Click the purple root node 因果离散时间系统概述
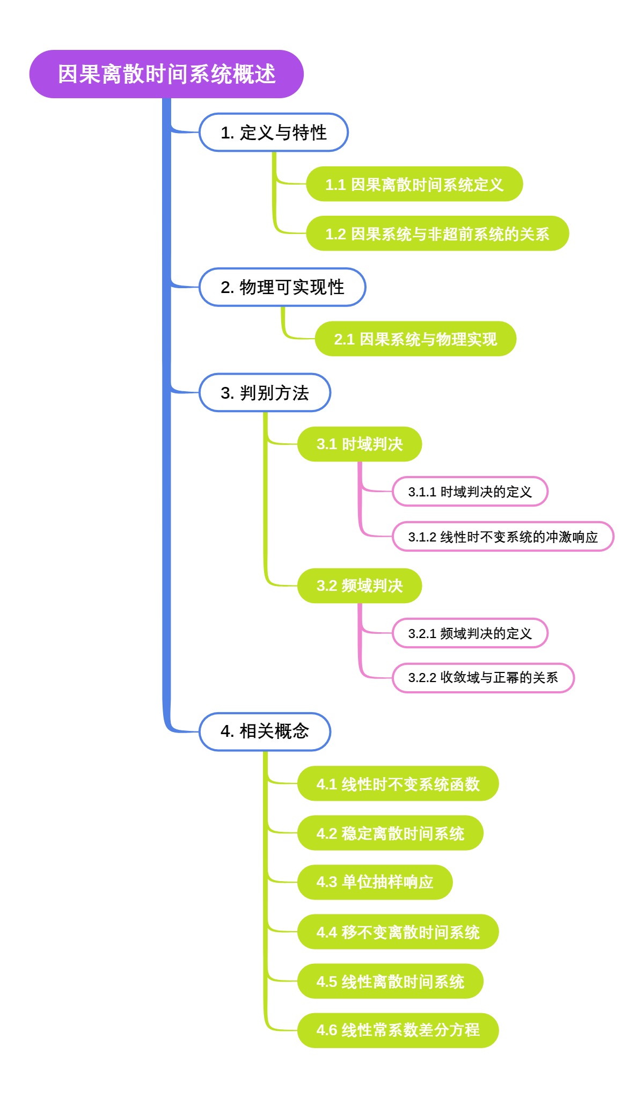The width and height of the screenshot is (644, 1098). tap(166, 74)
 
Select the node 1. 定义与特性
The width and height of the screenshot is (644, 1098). tap(274, 133)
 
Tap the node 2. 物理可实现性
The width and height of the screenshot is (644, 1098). tap(282, 287)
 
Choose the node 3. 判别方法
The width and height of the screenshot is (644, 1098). tap(265, 393)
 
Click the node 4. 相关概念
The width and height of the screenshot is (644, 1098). tap(265, 731)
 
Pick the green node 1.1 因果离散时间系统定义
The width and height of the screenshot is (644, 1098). tap(414, 185)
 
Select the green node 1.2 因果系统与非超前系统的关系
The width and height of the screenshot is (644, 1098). tap(437, 234)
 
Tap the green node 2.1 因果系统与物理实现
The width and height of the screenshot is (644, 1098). tap(415, 339)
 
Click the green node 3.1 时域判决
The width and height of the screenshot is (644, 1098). tap(360, 444)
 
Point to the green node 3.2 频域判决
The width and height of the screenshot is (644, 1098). tap(360, 585)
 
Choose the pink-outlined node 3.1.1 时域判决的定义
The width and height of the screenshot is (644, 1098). tap(470, 492)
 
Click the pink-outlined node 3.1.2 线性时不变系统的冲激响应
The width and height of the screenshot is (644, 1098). tap(503, 537)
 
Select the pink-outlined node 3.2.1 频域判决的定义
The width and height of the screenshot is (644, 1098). tap(470, 633)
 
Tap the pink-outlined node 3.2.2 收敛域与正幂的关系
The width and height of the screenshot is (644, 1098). tap(483, 678)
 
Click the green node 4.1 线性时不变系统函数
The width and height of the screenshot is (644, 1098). tap(398, 784)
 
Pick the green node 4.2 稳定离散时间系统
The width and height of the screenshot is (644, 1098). tap(390, 833)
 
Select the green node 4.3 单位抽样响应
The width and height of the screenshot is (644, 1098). tap(375, 882)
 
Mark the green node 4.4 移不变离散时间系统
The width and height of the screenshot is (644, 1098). tap(398, 932)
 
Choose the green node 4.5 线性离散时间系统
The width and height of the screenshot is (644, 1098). tap(390, 982)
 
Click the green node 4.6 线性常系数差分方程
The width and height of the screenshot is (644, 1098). tap(398, 1030)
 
